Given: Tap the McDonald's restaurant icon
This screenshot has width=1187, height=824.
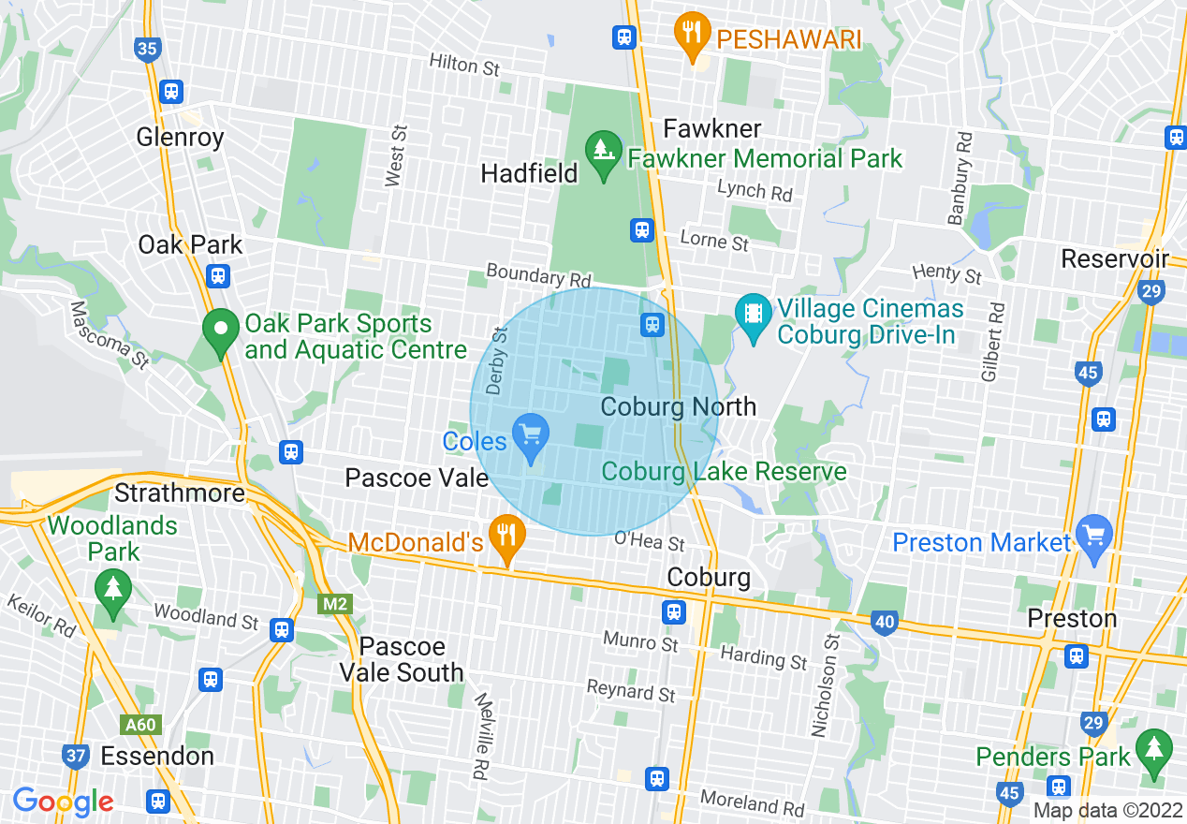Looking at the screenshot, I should (506, 537).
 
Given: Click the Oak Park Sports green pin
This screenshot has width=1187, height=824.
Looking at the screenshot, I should (220, 331).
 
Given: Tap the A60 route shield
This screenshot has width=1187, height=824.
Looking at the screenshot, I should (140, 724).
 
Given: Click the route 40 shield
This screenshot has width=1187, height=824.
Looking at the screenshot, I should (885, 621).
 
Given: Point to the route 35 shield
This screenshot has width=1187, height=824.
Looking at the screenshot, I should (147, 49).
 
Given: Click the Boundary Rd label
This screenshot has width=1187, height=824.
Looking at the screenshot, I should (538, 276).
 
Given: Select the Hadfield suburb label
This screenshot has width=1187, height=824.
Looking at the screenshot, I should (529, 173).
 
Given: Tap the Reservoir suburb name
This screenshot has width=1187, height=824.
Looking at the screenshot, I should (1115, 258).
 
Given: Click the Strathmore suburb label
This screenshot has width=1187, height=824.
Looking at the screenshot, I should (180, 493).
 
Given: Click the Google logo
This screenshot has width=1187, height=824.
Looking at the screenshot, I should (63, 802).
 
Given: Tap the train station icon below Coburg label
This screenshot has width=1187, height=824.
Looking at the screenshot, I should (673, 612).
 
